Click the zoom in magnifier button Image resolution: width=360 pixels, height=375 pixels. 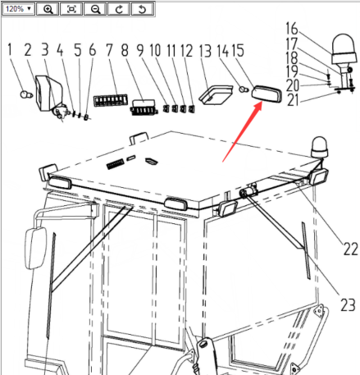coord(48,9)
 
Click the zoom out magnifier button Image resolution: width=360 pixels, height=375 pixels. coord(95,9)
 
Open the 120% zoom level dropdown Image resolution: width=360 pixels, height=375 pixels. coord(18,9)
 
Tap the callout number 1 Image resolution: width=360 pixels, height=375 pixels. coord(10,50)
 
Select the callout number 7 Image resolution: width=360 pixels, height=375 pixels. coord(109,50)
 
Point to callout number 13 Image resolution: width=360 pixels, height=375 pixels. coord(205,51)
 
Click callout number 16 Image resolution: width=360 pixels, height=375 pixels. coord(292,29)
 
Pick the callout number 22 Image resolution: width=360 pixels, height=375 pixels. coord(350,249)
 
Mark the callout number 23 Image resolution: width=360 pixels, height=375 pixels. coord(348,304)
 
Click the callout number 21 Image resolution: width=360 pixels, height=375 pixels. coord(293,100)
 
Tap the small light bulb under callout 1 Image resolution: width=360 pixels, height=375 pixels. coord(26,94)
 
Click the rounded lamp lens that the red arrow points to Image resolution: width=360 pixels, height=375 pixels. coord(267,94)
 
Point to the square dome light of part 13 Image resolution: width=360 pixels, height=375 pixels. coord(216,95)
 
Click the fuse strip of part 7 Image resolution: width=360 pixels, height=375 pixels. coord(111,100)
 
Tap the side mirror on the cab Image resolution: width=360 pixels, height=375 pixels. coord(35,248)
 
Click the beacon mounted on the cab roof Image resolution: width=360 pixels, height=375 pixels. coord(319,148)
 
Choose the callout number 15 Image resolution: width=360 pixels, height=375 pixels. coord(238,51)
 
